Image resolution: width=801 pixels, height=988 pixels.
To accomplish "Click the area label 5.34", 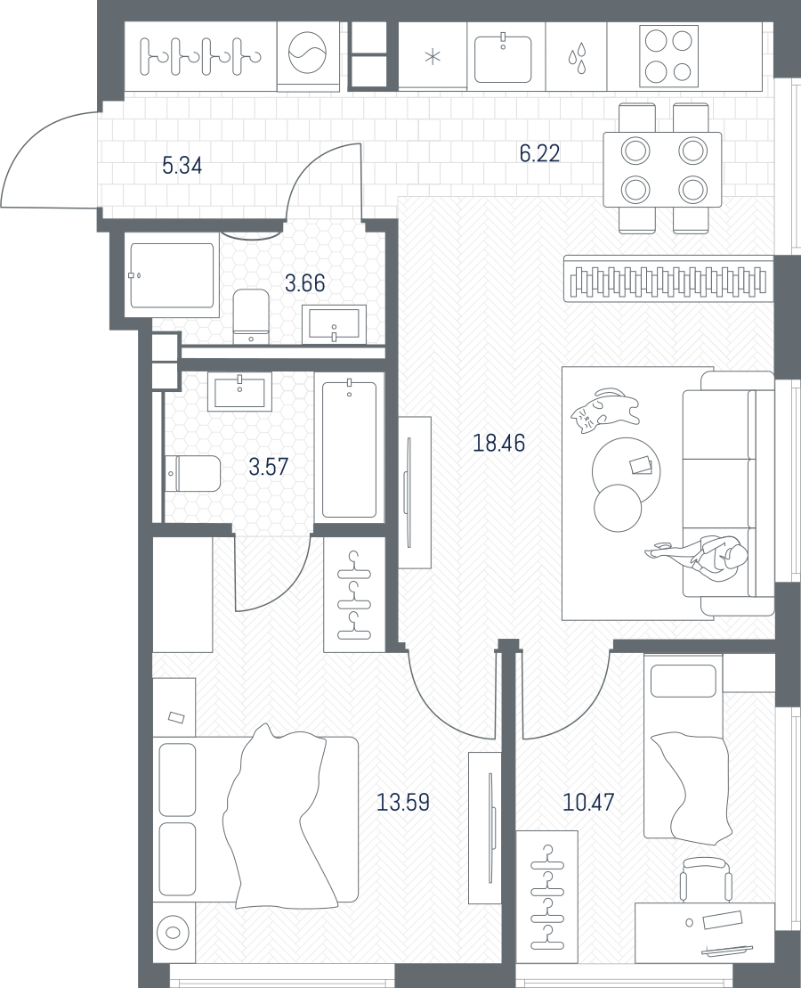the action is pos(182,166).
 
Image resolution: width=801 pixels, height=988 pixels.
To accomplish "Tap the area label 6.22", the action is pos(539,153).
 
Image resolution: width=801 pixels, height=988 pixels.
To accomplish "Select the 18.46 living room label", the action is pos(498,443).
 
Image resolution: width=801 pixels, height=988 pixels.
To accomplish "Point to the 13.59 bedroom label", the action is pos(403,802).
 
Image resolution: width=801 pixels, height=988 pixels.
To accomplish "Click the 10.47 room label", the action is pos(588,802).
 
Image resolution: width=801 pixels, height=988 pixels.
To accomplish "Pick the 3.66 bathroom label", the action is pos(304,283).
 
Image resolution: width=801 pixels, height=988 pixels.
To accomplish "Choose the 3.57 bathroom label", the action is pos(268,467).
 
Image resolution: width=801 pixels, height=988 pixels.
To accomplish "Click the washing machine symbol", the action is pos(308,53).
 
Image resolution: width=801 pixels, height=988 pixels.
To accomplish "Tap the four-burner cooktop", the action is pos(668,56).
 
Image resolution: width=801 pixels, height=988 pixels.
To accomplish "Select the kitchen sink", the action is pos(503,58).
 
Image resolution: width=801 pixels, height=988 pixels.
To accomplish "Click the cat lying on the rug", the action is pos(604,410).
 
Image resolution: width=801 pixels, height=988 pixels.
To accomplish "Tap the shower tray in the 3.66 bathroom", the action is pos(171,275).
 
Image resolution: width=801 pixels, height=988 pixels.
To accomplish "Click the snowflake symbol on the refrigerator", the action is pos(433,57).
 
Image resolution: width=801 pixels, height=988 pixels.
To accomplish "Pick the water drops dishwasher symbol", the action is pos(577,57).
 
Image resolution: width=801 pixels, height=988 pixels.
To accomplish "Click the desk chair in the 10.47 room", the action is pos(705,881).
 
